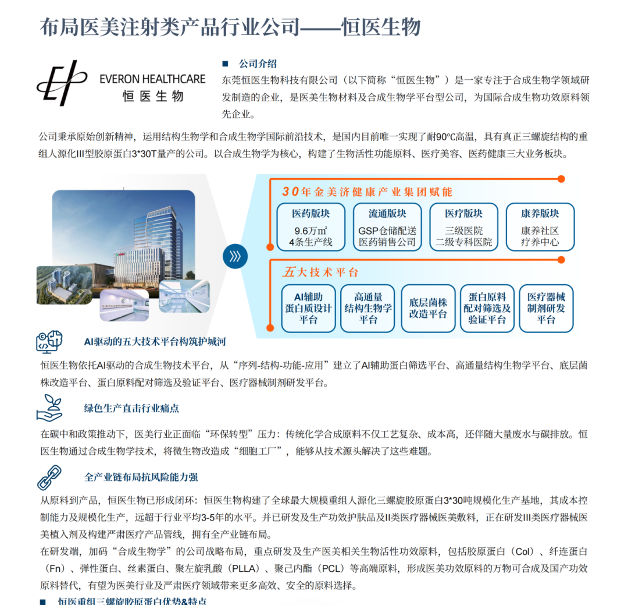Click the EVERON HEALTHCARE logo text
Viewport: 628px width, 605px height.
point(152,79)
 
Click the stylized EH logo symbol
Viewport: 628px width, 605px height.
point(62,83)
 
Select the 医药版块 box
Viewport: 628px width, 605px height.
point(311,227)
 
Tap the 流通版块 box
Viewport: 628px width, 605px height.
point(387,227)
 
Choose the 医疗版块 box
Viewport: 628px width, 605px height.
point(463,227)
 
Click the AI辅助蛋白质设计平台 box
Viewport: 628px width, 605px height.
point(308,308)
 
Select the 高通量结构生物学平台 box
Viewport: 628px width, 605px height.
point(368,308)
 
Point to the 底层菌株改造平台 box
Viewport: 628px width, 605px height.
point(428,308)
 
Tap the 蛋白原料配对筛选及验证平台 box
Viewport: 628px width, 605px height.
point(487,308)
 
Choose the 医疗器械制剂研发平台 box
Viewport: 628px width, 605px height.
point(546,308)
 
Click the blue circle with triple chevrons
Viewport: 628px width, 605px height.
point(235,256)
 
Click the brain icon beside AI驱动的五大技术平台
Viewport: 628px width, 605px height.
point(49,342)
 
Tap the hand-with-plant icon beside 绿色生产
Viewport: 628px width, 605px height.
point(49,407)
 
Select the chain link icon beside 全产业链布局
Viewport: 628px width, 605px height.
point(49,477)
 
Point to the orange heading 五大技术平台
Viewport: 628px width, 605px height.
point(321,272)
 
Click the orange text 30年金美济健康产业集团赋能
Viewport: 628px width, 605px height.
point(367,192)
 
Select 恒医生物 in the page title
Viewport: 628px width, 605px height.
point(381,27)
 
